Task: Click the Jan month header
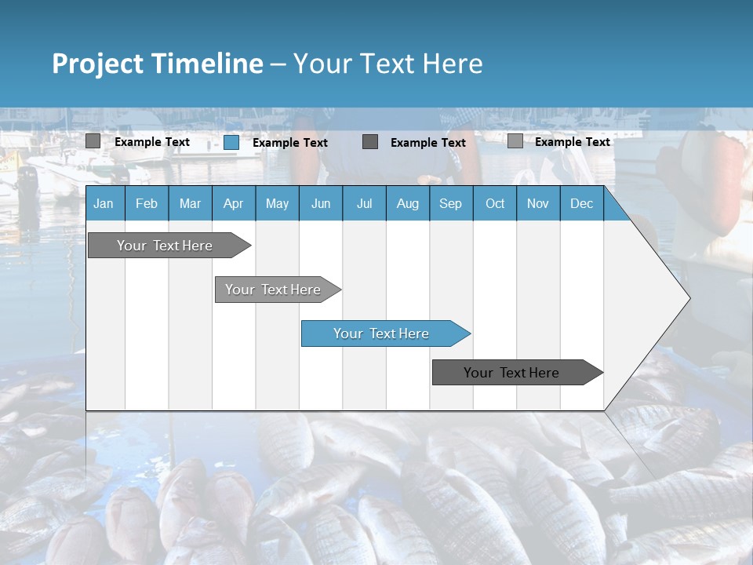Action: [104, 204]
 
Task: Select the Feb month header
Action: [147, 204]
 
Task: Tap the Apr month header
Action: [233, 204]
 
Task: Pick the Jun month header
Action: [321, 204]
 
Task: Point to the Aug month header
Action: [407, 204]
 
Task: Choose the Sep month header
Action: [450, 204]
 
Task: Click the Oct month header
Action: [495, 204]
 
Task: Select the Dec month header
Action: [581, 204]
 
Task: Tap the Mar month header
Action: [190, 204]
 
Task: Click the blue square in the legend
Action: [231, 142]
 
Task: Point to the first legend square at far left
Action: [93, 141]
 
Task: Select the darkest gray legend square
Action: [370, 142]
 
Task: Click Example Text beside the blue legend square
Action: [290, 143]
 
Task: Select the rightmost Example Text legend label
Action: [572, 142]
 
